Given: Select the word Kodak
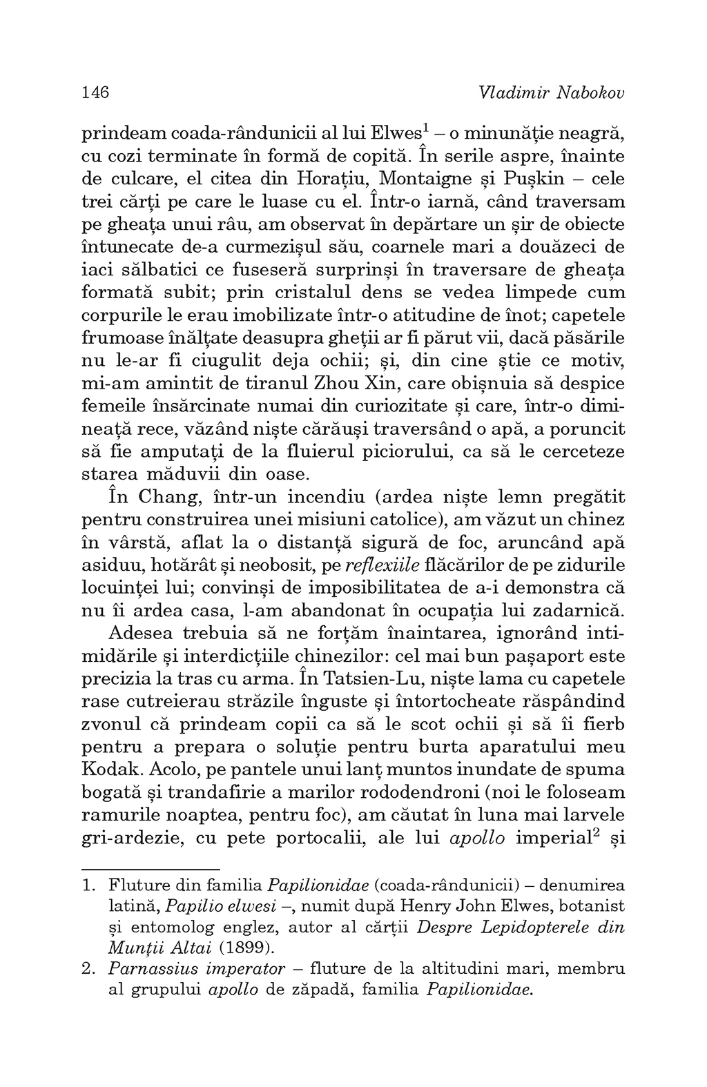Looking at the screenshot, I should pyautogui.click(x=108, y=770).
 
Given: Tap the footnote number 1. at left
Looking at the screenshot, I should pyautogui.click(x=88, y=884).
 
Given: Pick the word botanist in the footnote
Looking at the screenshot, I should pyautogui.click(x=593, y=905).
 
